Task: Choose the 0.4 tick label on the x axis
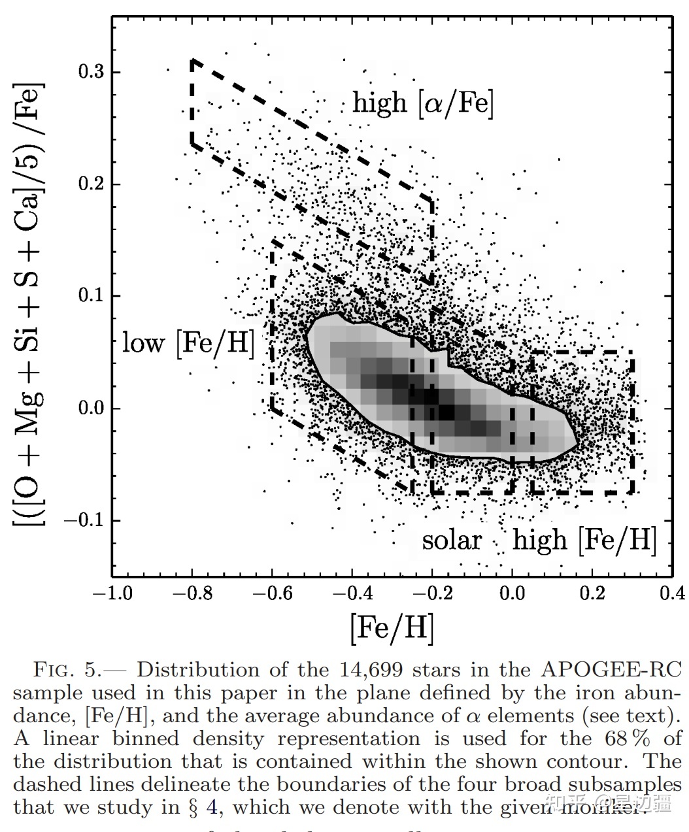click(672, 593)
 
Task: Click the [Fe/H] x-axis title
click(392, 627)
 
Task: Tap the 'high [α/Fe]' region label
click(423, 103)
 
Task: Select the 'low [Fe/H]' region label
click(188, 342)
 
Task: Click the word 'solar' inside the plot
click(452, 541)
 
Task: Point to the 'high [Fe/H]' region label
click(584, 541)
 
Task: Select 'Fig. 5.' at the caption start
click(66, 670)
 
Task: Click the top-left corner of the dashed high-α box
click(192, 60)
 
